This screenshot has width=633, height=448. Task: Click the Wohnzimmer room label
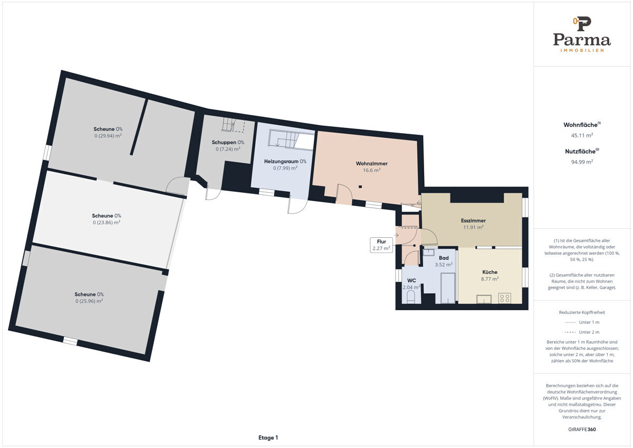(371, 164)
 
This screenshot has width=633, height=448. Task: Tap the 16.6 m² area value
(371, 170)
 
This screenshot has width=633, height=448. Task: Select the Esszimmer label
(473, 220)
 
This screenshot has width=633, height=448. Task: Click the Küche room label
(490, 272)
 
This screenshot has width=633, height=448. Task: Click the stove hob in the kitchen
(505, 298)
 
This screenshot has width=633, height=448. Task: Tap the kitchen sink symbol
(484, 299)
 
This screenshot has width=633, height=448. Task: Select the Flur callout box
(381, 245)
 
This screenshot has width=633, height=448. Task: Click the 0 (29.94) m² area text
(108, 136)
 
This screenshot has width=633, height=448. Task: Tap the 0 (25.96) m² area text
(89, 301)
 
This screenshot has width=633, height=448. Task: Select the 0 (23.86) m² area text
(107, 222)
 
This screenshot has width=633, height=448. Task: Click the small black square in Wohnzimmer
(360, 187)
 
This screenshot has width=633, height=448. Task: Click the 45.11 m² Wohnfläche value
(582, 135)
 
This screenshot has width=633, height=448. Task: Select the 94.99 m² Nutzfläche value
(582, 162)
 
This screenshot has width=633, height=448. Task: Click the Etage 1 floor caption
(268, 437)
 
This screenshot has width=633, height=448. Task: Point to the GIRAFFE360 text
(582, 430)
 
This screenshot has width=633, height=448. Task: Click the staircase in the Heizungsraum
(291, 139)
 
